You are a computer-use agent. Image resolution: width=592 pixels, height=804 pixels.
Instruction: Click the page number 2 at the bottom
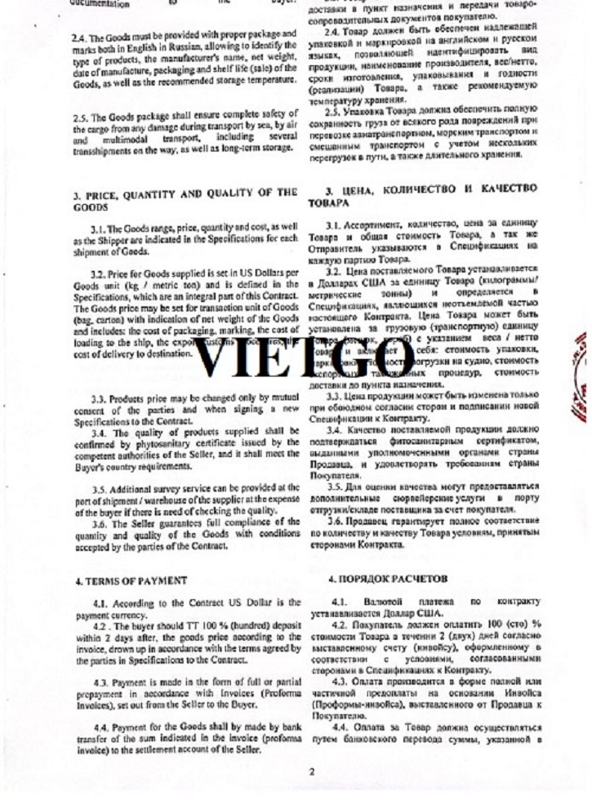point(311,772)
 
